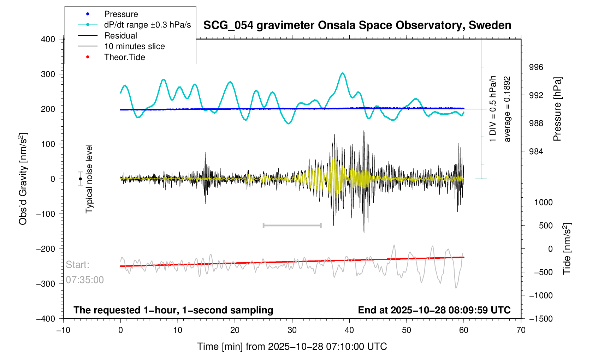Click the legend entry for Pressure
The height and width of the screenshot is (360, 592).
pos(121,14)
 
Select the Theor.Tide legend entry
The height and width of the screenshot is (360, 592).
pos(124,57)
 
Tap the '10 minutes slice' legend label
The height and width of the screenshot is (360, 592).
pos(134,46)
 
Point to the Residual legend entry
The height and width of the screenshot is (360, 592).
pos(120,36)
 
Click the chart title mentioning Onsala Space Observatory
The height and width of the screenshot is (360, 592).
pos(357,25)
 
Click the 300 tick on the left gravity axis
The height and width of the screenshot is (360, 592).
pos(48,74)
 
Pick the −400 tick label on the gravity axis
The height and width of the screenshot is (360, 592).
pos(46,319)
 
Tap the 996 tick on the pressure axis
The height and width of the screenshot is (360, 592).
pos(536,67)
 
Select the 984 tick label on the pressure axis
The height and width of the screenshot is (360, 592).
pos(536,152)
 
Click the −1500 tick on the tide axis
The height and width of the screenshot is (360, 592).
pos(540,319)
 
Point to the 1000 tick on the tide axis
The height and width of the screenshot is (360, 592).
pos(543,202)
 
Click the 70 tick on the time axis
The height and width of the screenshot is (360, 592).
pos(521,330)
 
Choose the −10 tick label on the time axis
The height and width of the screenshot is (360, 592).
pos(63,330)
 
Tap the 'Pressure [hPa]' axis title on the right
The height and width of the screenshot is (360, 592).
pos(557,109)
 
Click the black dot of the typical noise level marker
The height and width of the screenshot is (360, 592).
pos(81,179)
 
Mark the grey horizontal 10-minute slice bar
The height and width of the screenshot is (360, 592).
pos(292,225)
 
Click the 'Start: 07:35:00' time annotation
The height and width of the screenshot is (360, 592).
pos(85,272)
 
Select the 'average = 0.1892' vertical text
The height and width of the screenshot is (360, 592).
pos(507,109)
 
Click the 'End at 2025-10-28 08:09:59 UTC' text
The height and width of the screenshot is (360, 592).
pos(434,310)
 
